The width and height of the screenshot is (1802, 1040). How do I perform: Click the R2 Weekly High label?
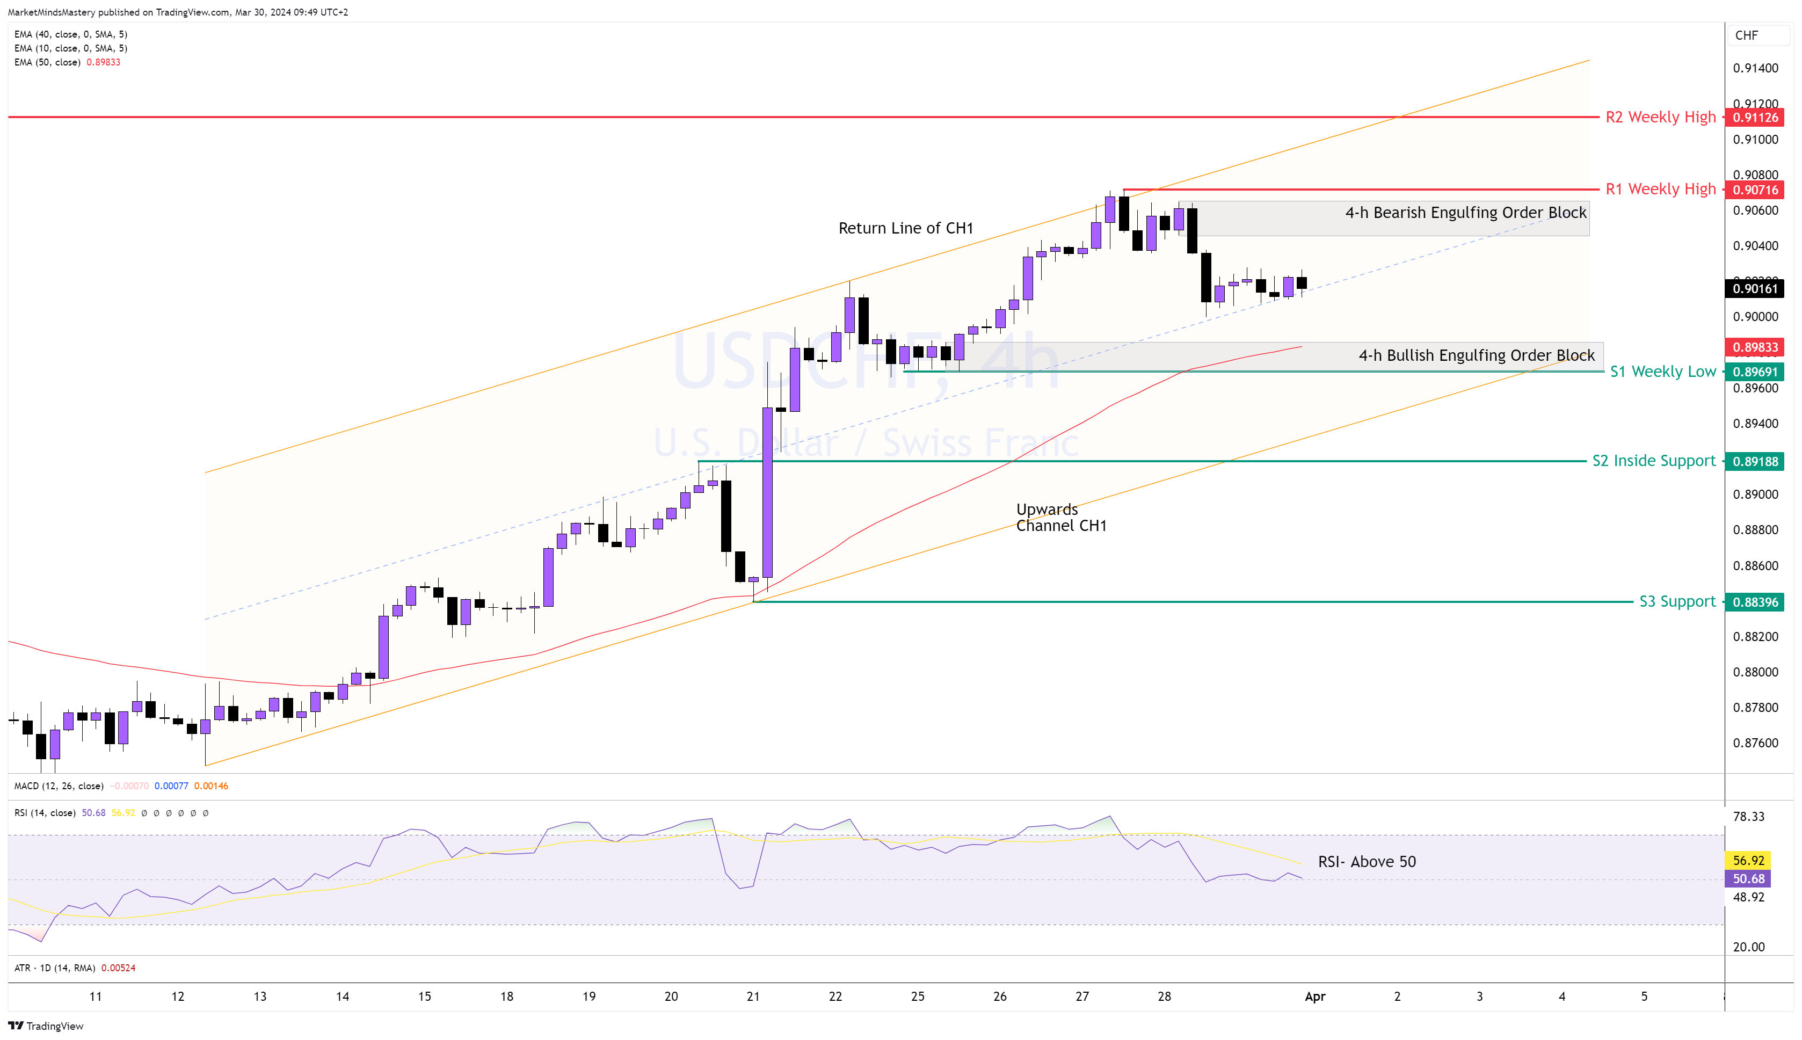coord(1660,117)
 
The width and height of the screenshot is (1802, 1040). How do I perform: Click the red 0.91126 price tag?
coord(1755,117)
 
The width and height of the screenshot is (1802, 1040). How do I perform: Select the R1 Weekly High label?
coord(1660,190)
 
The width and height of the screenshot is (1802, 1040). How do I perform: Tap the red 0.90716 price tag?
coord(1755,190)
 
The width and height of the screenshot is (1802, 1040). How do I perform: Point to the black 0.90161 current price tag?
coord(1755,288)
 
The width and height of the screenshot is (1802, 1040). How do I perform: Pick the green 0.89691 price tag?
coord(1755,372)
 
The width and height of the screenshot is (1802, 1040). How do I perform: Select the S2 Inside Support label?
coord(1653,461)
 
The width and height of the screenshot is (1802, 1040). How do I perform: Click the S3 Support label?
coord(1676,601)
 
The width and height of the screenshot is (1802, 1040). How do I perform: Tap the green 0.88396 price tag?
coord(1755,602)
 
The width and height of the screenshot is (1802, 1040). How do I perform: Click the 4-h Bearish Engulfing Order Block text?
coord(1465,213)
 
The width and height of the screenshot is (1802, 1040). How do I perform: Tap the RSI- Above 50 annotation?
coord(1367,861)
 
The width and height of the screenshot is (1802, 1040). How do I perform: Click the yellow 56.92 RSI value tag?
coord(1748,861)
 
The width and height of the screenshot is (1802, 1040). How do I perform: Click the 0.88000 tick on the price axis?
coord(1755,672)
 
